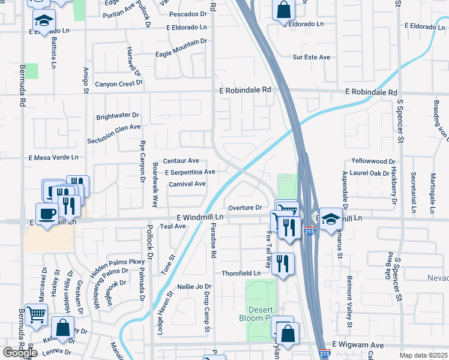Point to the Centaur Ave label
(x=181, y=161)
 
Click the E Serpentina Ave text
(x=190, y=172)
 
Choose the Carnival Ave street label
(x=187, y=184)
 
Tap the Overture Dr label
(x=246, y=207)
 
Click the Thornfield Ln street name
(x=241, y=273)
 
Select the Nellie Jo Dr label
(x=195, y=287)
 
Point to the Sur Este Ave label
(x=312, y=57)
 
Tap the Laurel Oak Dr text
(x=375, y=173)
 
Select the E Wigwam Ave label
(x=357, y=345)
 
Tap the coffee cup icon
(x=47, y=213)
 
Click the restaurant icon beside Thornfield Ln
(x=283, y=263)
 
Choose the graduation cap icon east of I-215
(x=330, y=218)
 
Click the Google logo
(x=20, y=353)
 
